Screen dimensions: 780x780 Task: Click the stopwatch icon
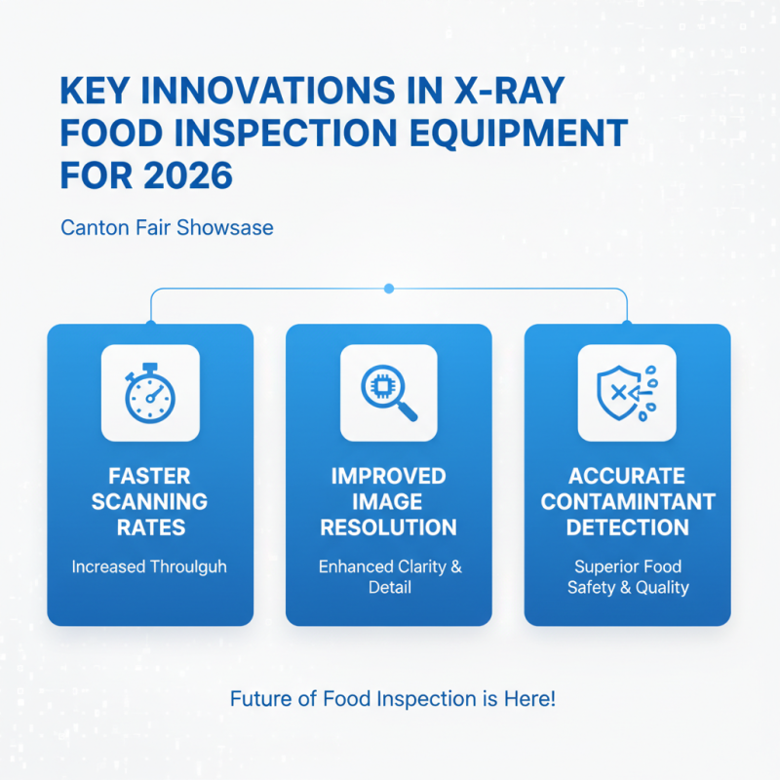click(150, 392)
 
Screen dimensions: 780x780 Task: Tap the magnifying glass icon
click(388, 392)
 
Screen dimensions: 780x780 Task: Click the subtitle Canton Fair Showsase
click(167, 228)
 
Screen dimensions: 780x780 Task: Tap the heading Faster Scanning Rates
click(150, 502)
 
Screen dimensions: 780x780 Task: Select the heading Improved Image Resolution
click(388, 502)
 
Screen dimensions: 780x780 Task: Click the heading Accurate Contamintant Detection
click(627, 502)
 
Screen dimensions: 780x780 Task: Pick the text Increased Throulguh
click(149, 566)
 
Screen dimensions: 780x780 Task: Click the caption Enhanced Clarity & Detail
click(389, 577)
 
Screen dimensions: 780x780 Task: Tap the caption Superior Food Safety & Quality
click(628, 577)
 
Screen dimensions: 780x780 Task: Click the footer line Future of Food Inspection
click(393, 699)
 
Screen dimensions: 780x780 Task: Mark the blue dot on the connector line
click(389, 288)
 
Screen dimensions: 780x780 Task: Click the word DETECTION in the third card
click(627, 527)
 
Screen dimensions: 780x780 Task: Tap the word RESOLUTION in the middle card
click(388, 527)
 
